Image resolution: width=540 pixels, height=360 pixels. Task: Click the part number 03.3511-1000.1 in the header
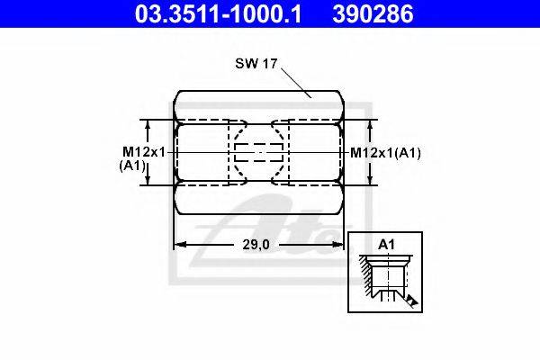(218, 14)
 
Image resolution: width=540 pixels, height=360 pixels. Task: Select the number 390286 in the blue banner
(373, 14)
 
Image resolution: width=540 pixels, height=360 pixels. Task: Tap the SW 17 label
(256, 63)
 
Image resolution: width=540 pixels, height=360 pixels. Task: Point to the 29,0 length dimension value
(256, 245)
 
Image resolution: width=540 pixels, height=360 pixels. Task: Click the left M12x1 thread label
(144, 151)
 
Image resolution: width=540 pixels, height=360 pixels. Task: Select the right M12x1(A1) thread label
(385, 153)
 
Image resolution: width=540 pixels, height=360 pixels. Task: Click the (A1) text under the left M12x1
(132, 166)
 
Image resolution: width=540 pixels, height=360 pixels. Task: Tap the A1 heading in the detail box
(386, 244)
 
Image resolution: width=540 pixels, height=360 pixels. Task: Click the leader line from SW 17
(296, 83)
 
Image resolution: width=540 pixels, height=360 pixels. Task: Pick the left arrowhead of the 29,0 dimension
(180, 245)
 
